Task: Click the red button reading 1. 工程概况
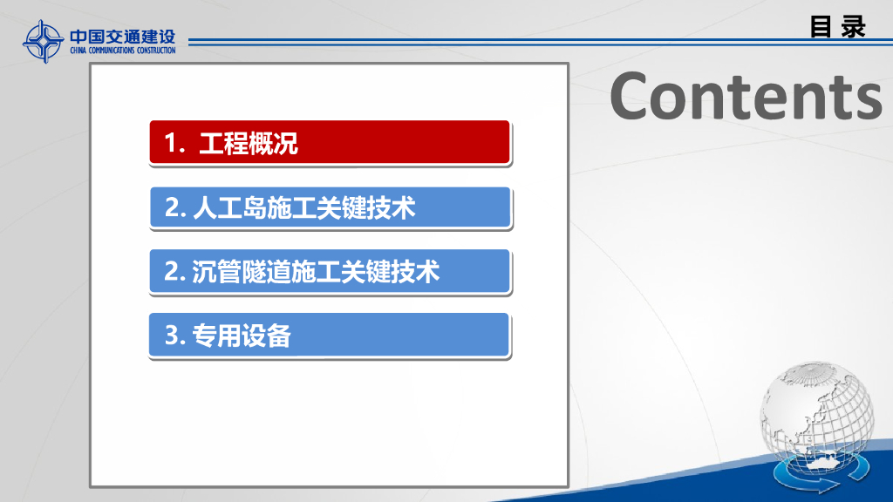point(330,142)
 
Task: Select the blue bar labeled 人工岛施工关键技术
point(331,207)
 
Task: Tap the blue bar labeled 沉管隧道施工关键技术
point(330,272)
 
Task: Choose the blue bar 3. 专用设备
point(329,336)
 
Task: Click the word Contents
point(746,96)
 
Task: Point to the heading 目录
point(838,27)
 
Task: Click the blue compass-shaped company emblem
point(43,42)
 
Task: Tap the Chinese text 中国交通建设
point(122,37)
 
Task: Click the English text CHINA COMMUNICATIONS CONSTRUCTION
point(122,50)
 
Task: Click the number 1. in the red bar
point(174,143)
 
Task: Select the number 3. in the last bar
point(175,336)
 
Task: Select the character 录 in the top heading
point(853,27)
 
